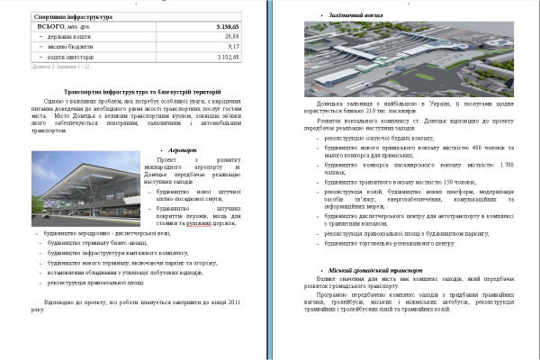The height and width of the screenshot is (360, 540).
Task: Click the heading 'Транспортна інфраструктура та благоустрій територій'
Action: pyautogui.click(x=141, y=93)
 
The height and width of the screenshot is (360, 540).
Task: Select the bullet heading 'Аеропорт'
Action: pyautogui.click(x=184, y=150)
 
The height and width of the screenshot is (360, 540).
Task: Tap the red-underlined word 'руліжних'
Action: pyautogui.click(x=220, y=224)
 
